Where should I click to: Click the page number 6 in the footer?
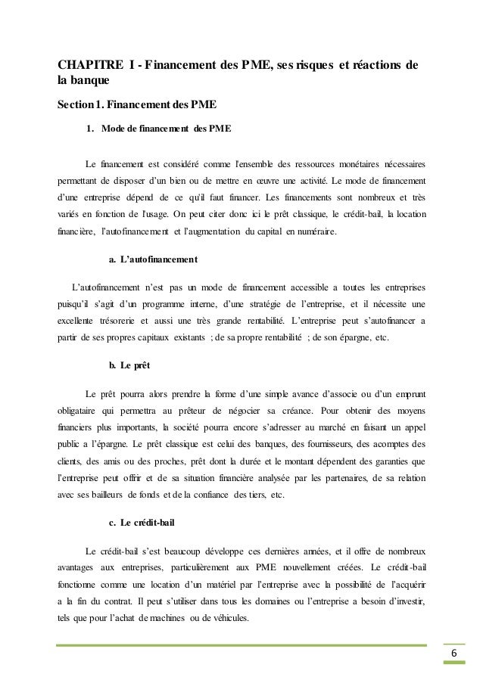click(453, 654)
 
